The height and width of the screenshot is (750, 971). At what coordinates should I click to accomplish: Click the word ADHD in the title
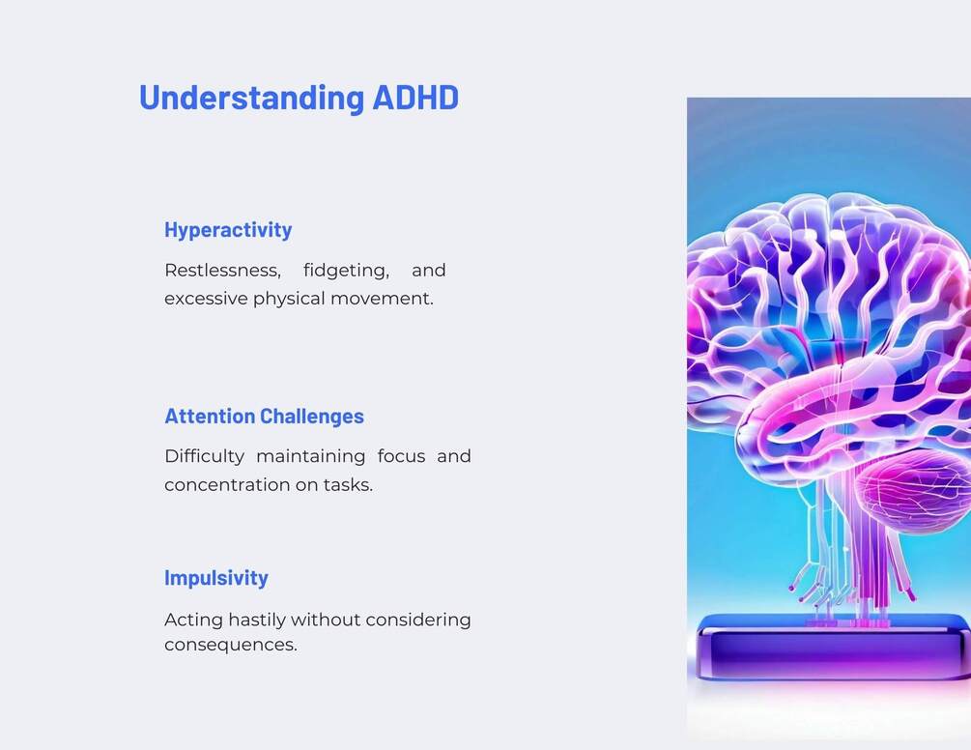point(415,98)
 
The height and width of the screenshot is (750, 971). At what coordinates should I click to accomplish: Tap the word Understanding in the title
point(251,98)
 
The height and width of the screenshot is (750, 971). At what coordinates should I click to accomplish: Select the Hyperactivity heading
point(228,230)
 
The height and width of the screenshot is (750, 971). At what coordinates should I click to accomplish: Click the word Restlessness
point(222,271)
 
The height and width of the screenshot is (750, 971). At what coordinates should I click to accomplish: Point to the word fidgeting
point(346,272)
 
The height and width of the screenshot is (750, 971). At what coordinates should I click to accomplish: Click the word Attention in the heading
point(210,417)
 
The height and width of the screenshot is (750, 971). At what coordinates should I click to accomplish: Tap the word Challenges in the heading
point(312,417)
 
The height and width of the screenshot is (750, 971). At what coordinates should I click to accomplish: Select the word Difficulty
point(205,457)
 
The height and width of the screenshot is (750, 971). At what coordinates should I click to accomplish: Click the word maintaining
point(310,457)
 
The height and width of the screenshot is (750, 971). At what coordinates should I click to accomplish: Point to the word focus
point(401,456)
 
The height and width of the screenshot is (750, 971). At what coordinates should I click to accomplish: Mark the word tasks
point(348,485)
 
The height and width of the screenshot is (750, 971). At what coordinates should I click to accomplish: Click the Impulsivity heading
point(216,578)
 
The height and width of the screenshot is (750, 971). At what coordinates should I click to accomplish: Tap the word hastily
point(257,620)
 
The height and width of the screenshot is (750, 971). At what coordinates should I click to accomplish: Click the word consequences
point(230,645)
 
